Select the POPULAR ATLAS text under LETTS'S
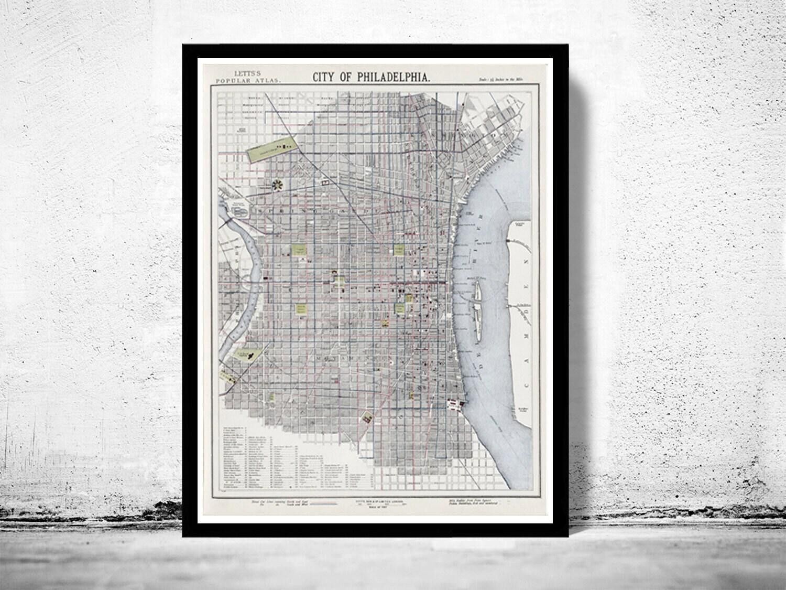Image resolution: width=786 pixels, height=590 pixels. pos(247,81)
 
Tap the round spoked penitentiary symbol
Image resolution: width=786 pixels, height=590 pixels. pos(277,185)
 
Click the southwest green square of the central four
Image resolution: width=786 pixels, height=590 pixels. pos(301,309)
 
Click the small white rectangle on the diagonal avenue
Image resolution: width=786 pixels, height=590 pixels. pos(325,182)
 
